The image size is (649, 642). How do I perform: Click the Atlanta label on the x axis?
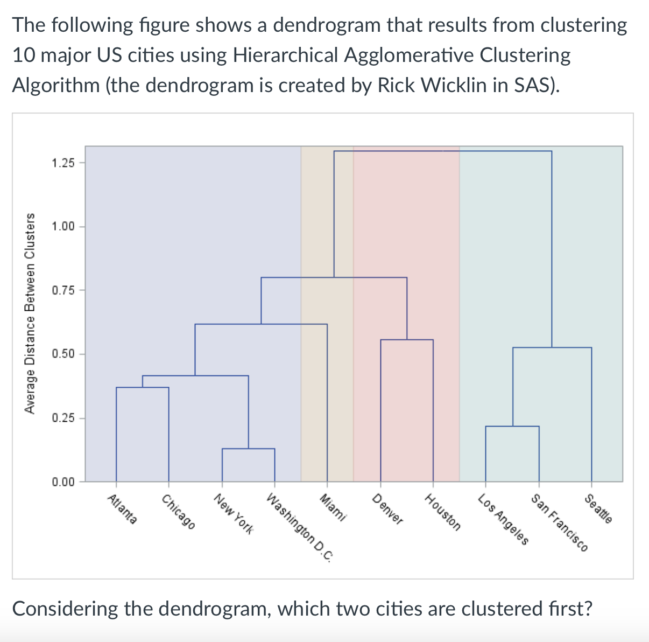[x=123, y=509]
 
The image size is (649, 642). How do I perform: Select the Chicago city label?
[x=178, y=511]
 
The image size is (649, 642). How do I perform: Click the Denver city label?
[x=388, y=509]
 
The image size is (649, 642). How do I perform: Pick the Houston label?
[x=443, y=512]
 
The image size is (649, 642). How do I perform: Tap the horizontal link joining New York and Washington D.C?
[x=249, y=449]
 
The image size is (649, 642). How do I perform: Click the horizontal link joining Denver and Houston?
[x=407, y=340]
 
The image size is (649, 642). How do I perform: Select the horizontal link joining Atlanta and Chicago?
[x=143, y=387]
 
